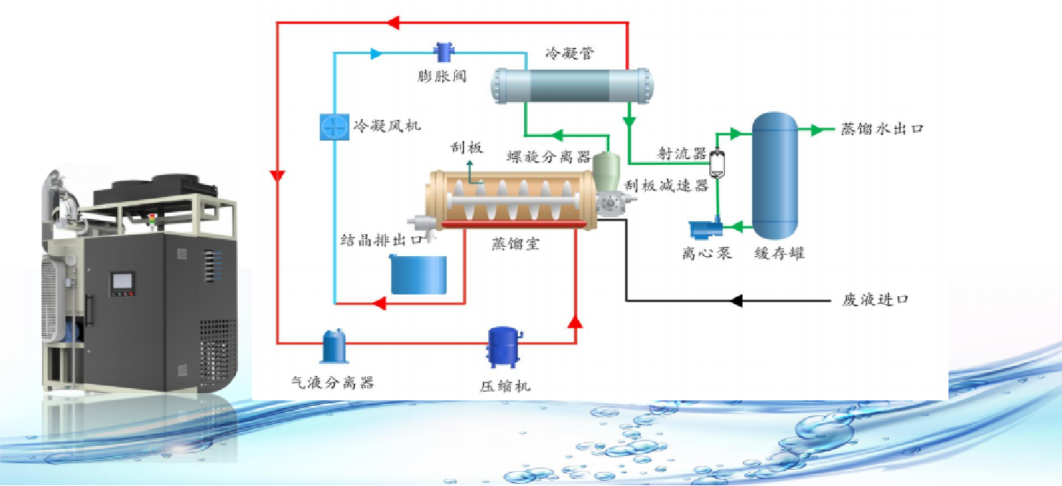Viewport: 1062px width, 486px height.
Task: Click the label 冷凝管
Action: [x=570, y=53]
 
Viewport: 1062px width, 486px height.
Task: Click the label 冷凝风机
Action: [x=377, y=126]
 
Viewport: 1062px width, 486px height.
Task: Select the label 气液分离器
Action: [x=334, y=383]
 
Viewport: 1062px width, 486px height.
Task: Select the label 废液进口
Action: [x=876, y=300]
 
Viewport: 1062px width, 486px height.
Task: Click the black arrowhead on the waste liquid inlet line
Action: [x=737, y=300]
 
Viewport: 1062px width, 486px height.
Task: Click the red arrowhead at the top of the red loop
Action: [x=391, y=23]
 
